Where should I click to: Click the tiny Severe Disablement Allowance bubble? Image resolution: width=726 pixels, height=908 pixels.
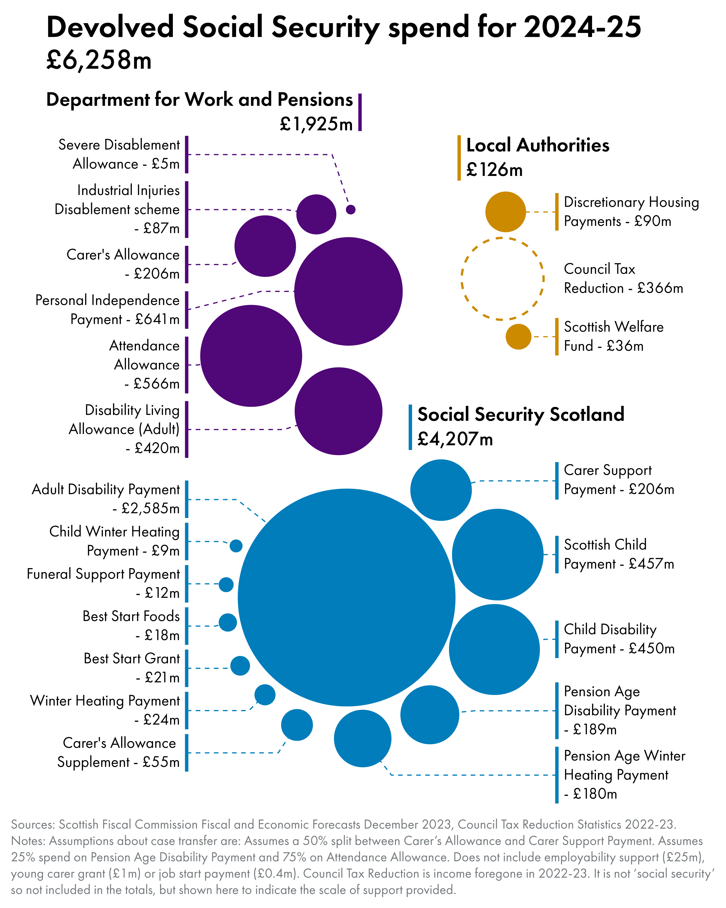point(351,209)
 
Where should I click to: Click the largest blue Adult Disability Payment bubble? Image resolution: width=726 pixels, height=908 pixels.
point(346,597)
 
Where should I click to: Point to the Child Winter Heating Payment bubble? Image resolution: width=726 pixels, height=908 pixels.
point(236,546)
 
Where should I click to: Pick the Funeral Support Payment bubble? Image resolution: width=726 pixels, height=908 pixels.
point(226,584)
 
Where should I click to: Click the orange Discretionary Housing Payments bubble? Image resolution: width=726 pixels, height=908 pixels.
point(506,212)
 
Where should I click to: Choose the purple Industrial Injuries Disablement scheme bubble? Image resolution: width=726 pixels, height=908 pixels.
point(316,214)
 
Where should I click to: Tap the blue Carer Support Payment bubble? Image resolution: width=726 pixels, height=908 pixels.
point(441,490)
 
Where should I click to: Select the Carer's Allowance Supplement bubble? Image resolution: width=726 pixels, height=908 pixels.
point(297,725)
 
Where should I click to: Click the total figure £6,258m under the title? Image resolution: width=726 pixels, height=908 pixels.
point(99,60)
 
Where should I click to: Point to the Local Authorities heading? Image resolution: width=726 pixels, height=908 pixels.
point(537,145)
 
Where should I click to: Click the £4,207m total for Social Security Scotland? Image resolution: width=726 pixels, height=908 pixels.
point(455,439)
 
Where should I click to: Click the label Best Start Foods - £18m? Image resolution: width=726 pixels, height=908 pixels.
point(131,625)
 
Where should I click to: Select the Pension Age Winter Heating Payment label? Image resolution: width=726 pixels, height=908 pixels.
point(624,775)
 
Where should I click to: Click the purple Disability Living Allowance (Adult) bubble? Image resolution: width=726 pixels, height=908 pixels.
point(338,411)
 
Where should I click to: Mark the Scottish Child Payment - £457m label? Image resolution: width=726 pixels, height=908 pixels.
point(619,554)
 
